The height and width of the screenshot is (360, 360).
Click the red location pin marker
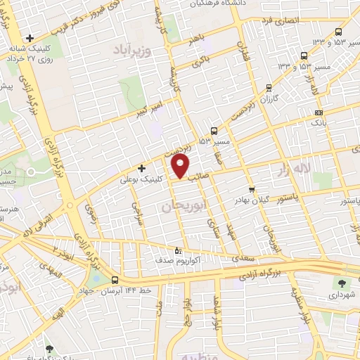click(181, 167)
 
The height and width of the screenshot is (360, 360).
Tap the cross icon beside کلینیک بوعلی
click(142, 168)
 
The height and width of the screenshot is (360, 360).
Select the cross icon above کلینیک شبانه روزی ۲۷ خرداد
click(30, 37)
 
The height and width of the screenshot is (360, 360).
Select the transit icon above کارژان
click(269, 88)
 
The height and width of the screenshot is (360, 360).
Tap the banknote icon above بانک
click(319, 112)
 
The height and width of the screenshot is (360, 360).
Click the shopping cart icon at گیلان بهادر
click(252, 190)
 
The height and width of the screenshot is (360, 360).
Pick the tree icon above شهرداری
click(342, 283)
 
